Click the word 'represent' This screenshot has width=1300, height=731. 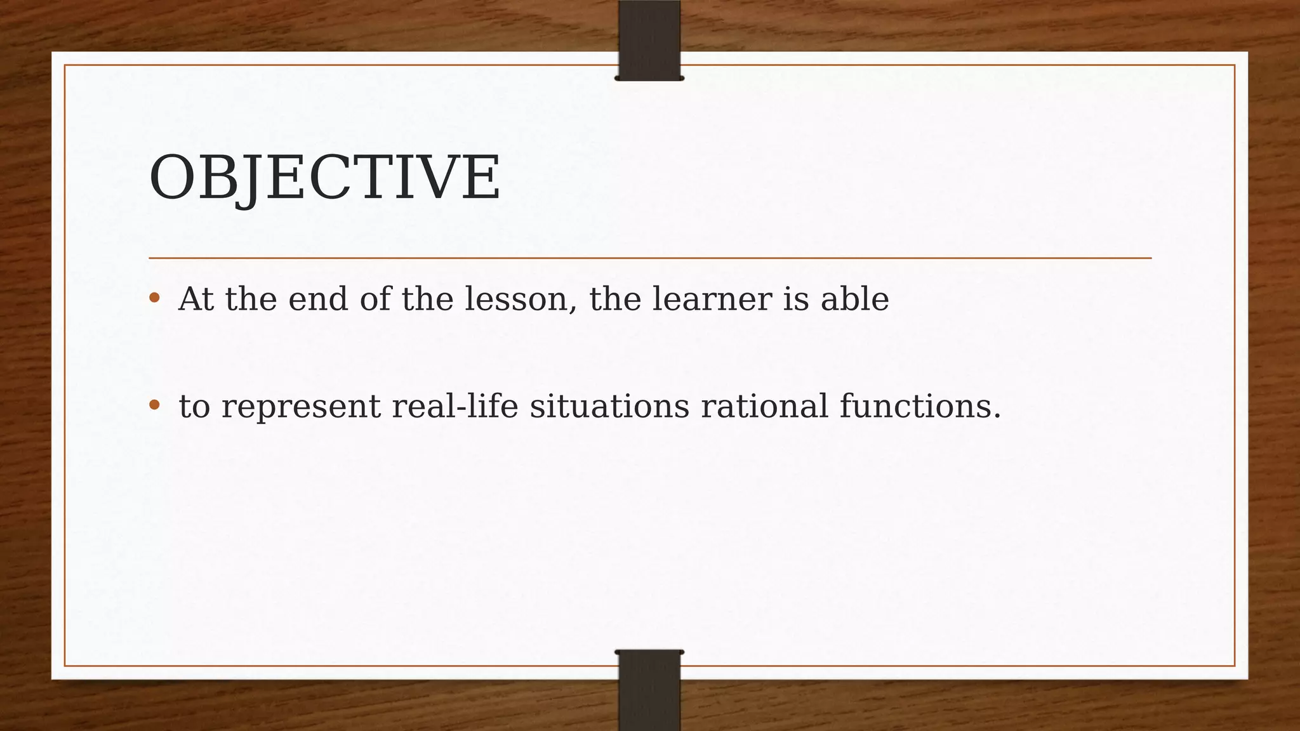pos(301,407)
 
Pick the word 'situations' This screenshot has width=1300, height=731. pos(609,405)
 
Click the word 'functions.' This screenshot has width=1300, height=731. pos(920,405)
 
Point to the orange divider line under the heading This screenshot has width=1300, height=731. pos(649,258)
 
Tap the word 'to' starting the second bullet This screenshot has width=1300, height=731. pos(194,406)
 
